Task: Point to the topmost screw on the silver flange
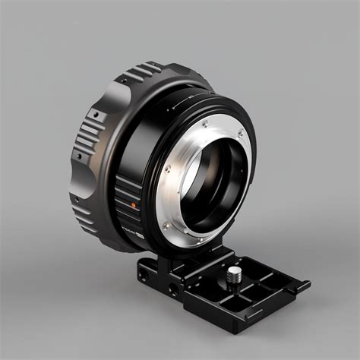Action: click(204, 123)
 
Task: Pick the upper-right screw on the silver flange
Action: click(241, 134)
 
